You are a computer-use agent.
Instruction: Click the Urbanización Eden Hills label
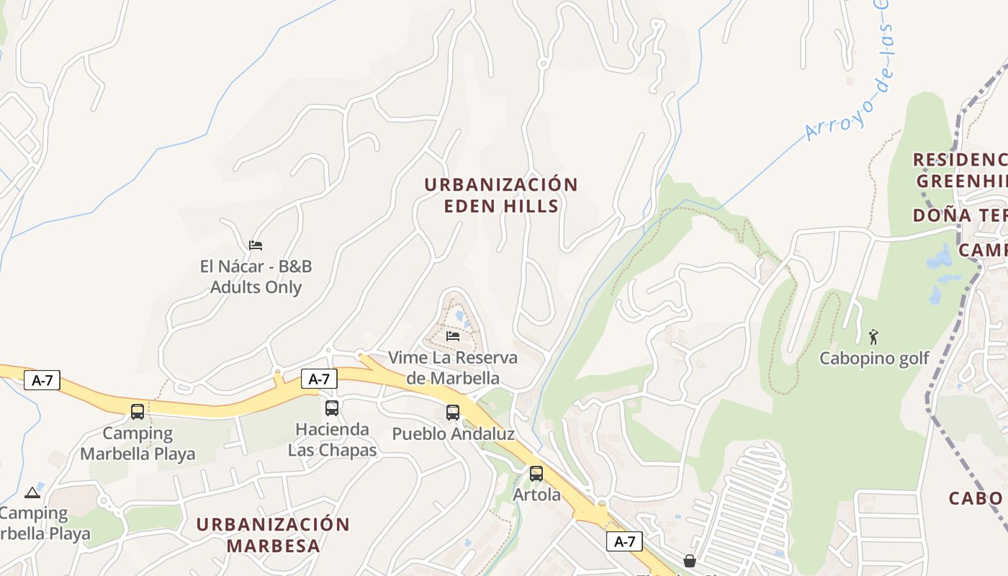coord(500,195)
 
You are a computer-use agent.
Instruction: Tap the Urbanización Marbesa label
coord(273,534)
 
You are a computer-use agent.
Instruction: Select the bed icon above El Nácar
coord(256,245)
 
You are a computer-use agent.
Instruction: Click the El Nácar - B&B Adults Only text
coord(256,276)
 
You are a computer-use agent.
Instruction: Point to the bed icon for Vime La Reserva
coord(453,336)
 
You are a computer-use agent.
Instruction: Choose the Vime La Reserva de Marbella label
coord(452,367)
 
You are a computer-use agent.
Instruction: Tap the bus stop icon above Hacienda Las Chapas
coord(331,408)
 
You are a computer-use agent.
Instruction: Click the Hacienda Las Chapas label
coord(332,439)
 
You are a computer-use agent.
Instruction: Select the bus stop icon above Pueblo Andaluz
coord(452,413)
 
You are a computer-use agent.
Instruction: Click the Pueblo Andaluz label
coord(453,434)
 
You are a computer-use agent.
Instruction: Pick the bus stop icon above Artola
coord(536,474)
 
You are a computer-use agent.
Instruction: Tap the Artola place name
coord(536,495)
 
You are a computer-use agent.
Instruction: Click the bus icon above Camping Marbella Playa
coord(138,412)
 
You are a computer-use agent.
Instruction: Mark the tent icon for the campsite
coord(32,493)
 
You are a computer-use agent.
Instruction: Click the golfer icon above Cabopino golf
coord(874,336)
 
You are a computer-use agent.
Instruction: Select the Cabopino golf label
coord(874,358)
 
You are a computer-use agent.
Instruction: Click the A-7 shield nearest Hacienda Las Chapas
coord(319,379)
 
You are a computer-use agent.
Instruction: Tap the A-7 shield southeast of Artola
coord(624,541)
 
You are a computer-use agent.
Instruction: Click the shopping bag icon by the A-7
coord(689,560)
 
